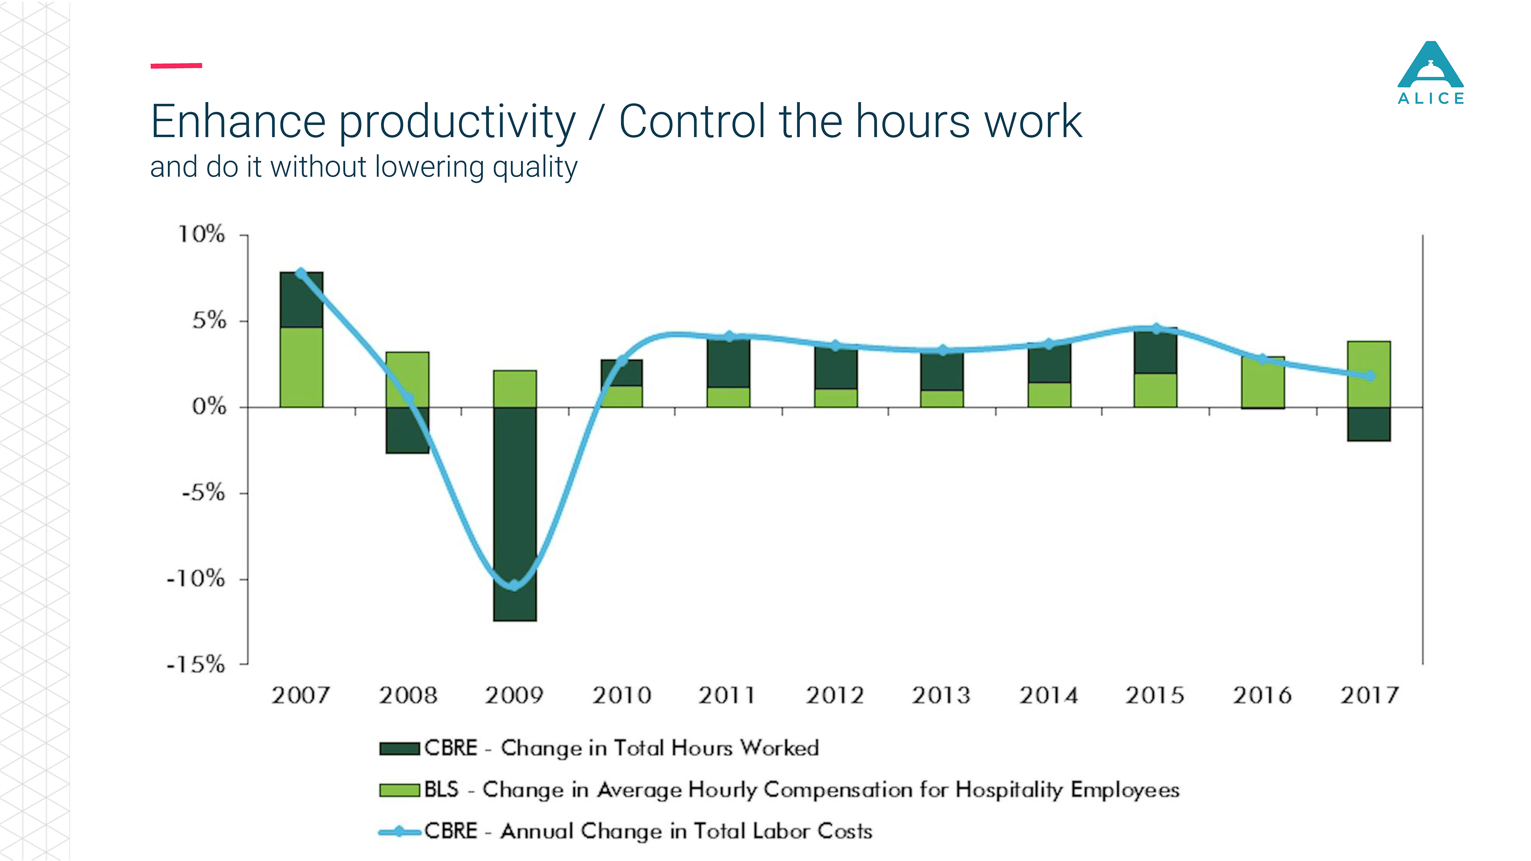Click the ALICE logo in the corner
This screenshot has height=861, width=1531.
[1430, 73]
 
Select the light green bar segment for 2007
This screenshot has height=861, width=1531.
[301, 367]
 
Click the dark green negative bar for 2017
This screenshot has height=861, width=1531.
[1369, 424]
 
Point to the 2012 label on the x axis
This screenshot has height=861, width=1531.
[834, 695]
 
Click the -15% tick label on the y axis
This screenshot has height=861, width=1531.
[196, 664]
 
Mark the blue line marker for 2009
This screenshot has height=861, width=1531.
[514, 585]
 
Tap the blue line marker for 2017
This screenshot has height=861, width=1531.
[1370, 376]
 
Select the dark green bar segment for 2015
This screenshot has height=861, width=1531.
[1155, 352]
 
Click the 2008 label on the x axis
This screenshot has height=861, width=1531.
[408, 695]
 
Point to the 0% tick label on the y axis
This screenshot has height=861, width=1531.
[209, 407]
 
